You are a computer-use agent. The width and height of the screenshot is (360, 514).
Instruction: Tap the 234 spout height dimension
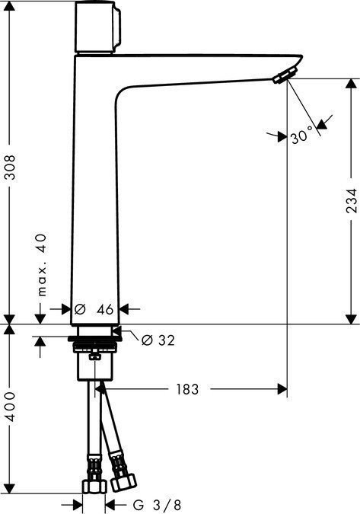click(349, 200)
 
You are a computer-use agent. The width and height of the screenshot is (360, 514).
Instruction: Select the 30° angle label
click(302, 138)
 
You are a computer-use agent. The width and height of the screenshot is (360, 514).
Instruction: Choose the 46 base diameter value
click(105, 309)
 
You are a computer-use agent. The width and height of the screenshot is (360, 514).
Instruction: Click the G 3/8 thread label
click(157, 504)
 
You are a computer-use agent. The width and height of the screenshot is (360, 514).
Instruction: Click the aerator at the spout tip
click(283, 74)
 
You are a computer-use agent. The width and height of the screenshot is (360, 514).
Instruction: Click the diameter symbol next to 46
click(79, 309)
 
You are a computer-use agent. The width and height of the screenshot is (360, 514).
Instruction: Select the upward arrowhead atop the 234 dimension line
click(349, 84)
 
